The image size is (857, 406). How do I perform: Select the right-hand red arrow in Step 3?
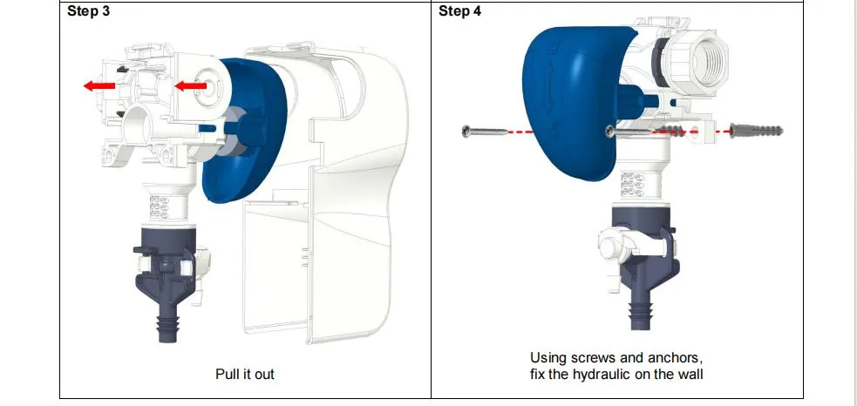pos(191,85)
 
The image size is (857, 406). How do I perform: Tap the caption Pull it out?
pos(244,374)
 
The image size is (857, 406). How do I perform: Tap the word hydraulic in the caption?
pos(611,375)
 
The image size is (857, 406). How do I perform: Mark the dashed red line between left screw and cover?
pos(558,132)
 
